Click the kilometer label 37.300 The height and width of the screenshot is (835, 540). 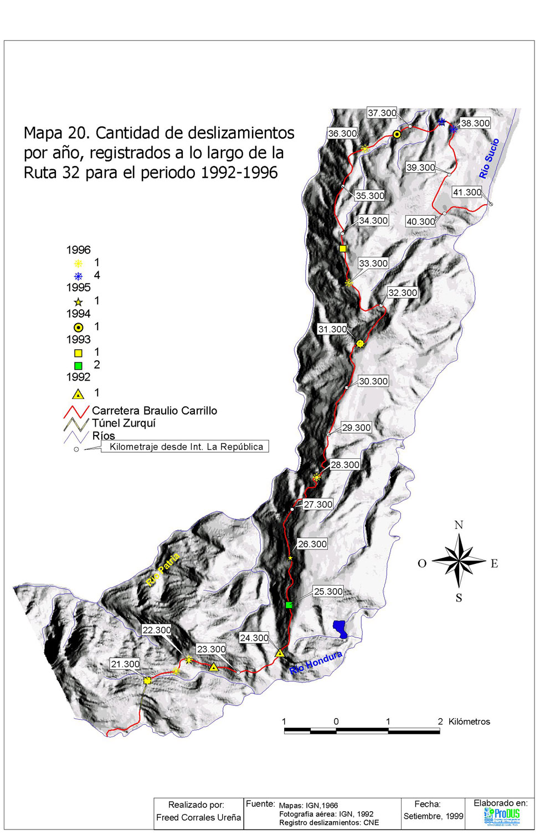(382, 113)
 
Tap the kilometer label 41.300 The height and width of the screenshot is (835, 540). (467, 193)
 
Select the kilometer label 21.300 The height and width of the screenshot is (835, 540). (125, 664)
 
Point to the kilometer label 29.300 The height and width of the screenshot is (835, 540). (356, 428)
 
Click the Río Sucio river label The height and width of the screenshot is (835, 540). (489, 159)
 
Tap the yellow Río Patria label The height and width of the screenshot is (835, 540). (163, 569)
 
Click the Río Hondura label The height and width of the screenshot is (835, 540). (316, 663)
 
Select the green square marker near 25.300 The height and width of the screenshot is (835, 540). (289, 605)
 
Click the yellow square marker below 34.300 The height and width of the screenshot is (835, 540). (343, 249)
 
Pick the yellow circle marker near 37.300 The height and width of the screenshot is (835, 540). (397, 134)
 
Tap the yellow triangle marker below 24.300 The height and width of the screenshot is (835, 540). (280, 654)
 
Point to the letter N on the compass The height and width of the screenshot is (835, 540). (459, 525)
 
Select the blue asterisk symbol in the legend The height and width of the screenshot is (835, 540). (78, 276)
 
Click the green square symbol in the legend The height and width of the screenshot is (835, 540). (78, 366)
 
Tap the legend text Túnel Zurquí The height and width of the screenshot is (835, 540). (124, 423)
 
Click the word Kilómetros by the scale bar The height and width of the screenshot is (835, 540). (469, 722)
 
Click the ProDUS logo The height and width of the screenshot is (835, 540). (502, 816)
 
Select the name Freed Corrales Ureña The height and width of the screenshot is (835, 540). (198, 818)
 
